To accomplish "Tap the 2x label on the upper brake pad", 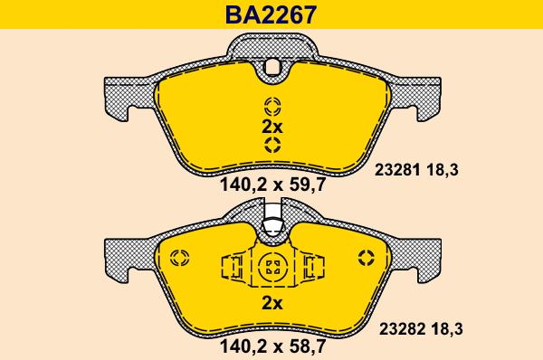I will point(271,126).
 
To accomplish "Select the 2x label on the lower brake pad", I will point(271,302).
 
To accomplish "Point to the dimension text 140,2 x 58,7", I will point(271,345).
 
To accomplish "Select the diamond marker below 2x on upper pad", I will point(271,147).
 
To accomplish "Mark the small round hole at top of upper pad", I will point(271,65).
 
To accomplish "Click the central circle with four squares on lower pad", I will point(271,268).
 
